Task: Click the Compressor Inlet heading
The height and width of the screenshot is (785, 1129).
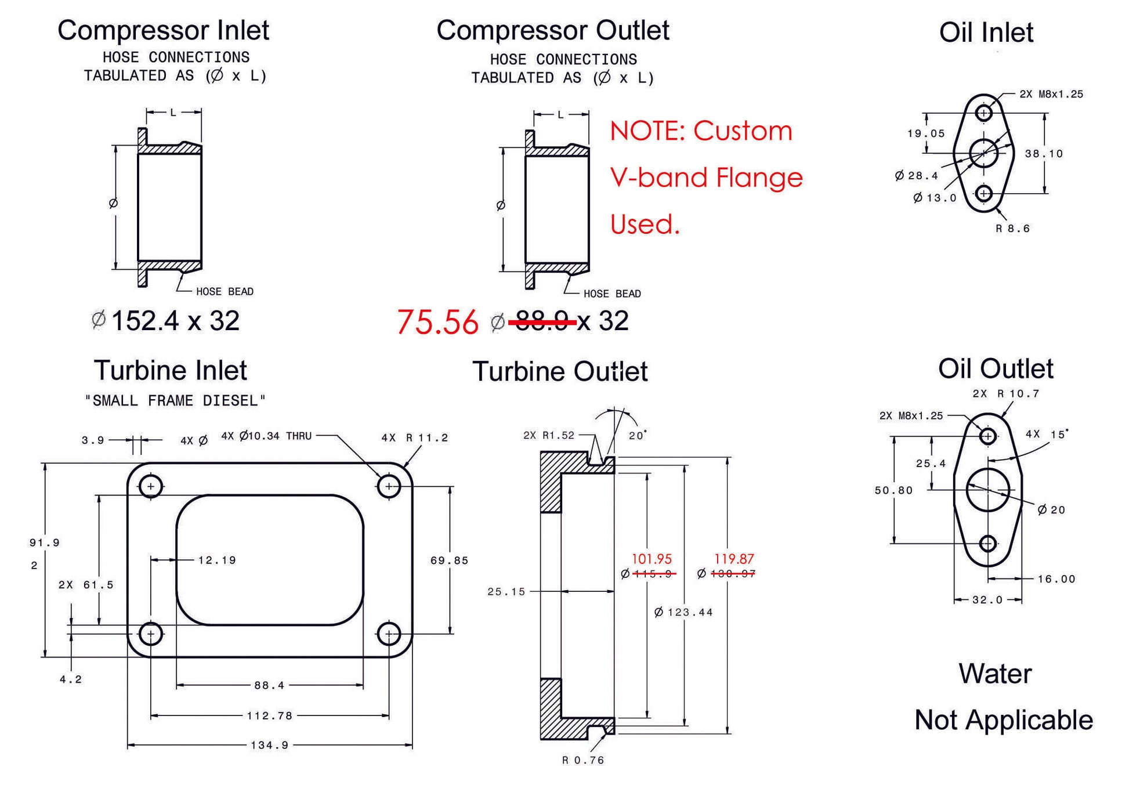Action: [x=163, y=31]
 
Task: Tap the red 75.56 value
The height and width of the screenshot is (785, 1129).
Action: [x=437, y=322]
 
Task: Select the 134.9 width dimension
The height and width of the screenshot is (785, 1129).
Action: [x=269, y=745]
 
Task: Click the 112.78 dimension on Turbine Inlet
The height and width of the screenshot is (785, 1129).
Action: [x=269, y=716]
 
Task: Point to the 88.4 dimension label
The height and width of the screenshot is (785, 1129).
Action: [x=269, y=686]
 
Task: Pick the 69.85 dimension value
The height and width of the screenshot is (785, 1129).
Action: [x=449, y=560]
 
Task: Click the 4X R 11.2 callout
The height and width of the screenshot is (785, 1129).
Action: [x=414, y=438]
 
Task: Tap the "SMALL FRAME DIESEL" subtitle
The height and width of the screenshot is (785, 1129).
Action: [x=175, y=401]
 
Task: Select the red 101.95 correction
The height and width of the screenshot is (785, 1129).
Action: [x=652, y=559]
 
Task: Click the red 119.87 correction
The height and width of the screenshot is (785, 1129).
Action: [x=734, y=559]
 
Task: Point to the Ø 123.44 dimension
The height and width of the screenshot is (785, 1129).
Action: [x=683, y=612]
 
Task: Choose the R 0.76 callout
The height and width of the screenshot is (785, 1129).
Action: [x=583, y=761]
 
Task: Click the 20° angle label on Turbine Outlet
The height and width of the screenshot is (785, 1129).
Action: [x=637, y=436]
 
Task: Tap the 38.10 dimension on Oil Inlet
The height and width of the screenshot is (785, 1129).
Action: [x=1044, y=154]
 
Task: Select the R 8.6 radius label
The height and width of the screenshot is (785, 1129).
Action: [x=1012, y=229]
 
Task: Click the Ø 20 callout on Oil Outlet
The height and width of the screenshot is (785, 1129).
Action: [x=1051, y=510]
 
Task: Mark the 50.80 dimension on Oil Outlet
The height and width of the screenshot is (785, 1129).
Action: [x=893, y=490]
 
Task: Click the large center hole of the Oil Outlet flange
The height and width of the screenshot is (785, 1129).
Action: [x=988, y=490]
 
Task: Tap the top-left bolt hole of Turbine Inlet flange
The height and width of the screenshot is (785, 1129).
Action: [x=151, y=486]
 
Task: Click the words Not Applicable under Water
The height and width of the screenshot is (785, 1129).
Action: [x=1003, y=720]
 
